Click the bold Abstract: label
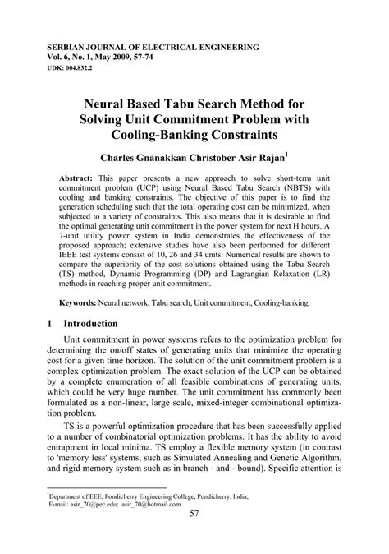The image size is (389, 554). point(81,178)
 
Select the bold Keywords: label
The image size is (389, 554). point(85,303)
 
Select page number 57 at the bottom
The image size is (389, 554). point(194,538)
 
